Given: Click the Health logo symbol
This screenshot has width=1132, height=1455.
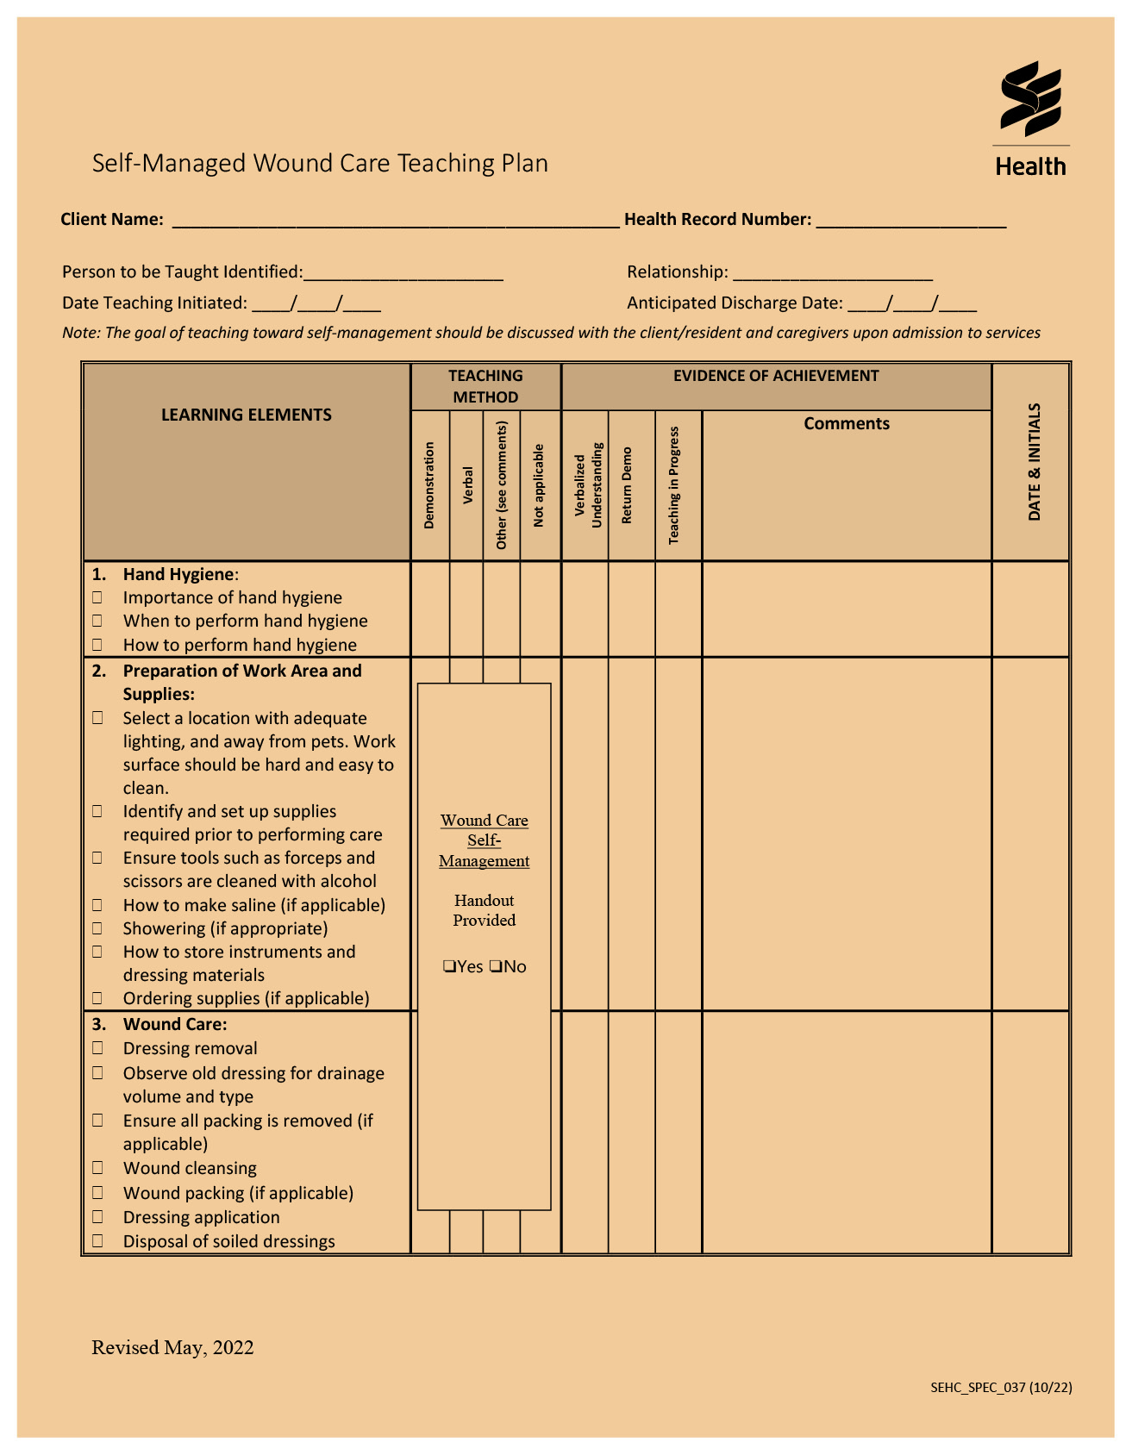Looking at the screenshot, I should (1030, 98).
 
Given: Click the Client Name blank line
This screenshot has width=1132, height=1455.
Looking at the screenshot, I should (395, 221).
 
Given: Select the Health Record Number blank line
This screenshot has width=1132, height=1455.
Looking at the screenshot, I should (910, 221).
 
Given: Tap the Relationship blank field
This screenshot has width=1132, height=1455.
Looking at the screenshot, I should (832, 273).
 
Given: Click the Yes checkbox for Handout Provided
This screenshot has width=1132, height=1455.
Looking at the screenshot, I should (449, 966).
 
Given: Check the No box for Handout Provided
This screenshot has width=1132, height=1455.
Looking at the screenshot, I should (496, 966).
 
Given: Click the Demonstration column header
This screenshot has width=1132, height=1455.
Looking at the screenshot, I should (429, 485).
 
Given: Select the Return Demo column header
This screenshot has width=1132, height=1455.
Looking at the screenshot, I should (627, 485).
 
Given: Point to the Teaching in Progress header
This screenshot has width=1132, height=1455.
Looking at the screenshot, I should (674, 485).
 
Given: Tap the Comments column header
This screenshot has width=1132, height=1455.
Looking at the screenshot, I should (846, 423).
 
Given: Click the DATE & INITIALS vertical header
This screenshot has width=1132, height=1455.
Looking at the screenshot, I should (1034, 462).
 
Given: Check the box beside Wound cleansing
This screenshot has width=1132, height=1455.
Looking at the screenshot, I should (98, 1168).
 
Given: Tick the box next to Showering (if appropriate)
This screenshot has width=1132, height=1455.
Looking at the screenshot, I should (98, 928).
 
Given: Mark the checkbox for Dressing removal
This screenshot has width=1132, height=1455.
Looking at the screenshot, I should (98, 1048).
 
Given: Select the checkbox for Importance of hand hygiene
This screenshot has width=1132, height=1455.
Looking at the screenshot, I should (98, 597).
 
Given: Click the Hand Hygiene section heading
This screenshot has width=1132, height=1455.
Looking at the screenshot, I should (178, 574).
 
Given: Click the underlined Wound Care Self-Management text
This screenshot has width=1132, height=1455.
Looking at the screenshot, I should (484, 840).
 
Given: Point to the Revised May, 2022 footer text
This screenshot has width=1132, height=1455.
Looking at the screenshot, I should (172, 1347).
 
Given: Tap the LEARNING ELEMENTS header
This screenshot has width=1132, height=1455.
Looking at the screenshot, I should (247, 415).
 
